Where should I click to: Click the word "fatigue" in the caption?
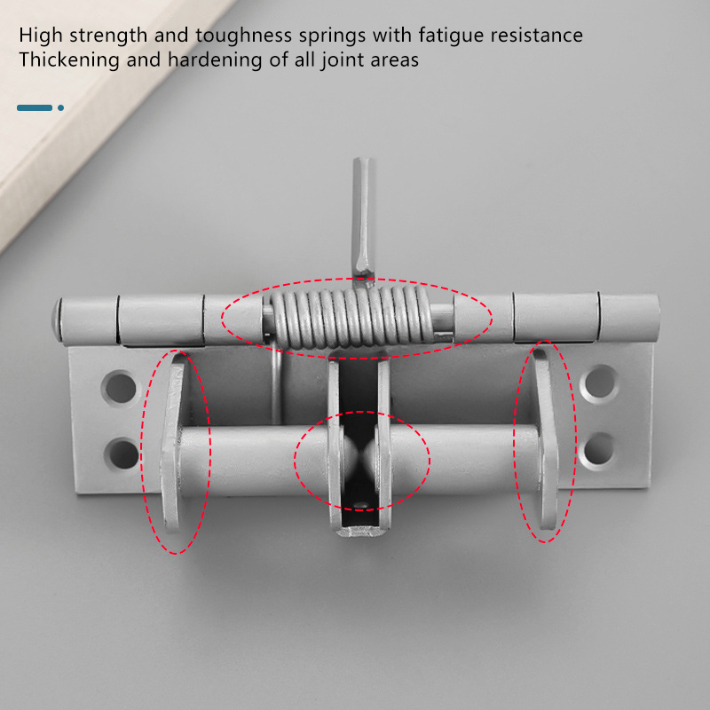451,35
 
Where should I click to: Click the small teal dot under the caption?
60,107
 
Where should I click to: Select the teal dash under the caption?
35,107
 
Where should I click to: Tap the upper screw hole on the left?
121,388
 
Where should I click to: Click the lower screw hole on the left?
122,454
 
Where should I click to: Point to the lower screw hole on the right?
598,449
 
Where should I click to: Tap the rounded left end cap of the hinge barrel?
57,319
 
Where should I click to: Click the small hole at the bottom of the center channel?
361,504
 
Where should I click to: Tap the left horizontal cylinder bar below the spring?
255,460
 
